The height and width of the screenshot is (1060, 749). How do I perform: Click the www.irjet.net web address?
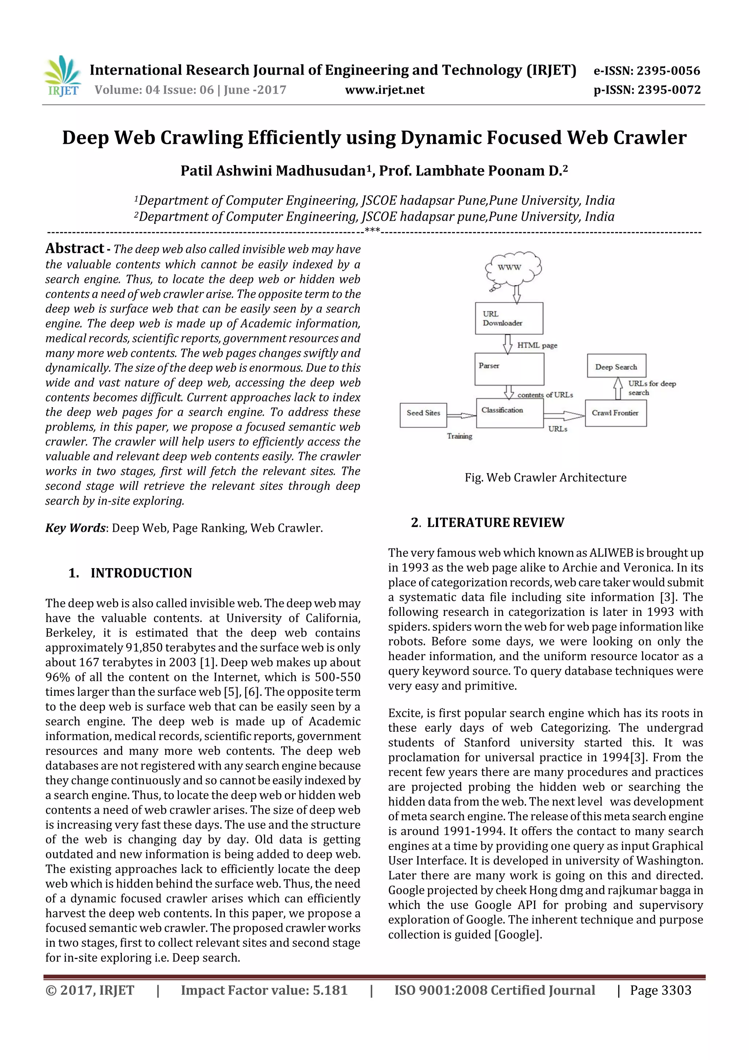tap(384, 90)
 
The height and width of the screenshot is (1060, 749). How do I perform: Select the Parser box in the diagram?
tap(509, 369)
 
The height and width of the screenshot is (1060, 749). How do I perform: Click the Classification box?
tap(509, 413)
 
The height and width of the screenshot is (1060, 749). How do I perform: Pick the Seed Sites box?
tap(423, 415)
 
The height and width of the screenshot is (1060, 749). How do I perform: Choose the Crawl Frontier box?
tap(615, 413)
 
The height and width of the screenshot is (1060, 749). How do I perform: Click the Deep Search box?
tap(616, 367)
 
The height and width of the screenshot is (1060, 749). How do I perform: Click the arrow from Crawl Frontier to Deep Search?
tap(617, 389)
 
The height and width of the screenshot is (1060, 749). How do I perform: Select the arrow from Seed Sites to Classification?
tap(461, 416)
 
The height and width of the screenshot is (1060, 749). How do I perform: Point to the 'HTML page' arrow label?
tap(537, 345)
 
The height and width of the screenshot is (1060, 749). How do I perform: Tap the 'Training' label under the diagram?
tap(460, 436)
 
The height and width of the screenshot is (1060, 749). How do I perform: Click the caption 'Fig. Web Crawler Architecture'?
tap(546, 477)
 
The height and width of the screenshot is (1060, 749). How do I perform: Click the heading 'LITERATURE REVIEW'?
tap(495, 522)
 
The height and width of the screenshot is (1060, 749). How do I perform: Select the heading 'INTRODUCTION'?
tap(141, 573)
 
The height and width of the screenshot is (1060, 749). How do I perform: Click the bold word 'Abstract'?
tap(75, 248)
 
